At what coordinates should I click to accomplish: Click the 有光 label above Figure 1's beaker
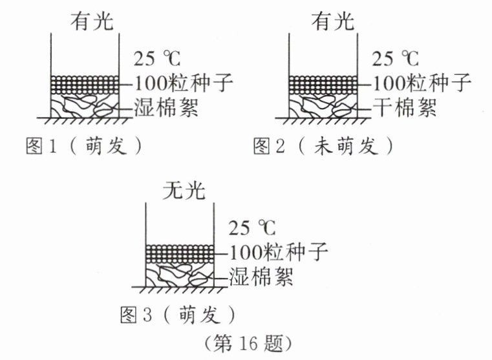pos(91,23)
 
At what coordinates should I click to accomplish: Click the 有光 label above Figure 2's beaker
pos(333,23)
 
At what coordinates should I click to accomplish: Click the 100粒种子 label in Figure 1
pos(183,83)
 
